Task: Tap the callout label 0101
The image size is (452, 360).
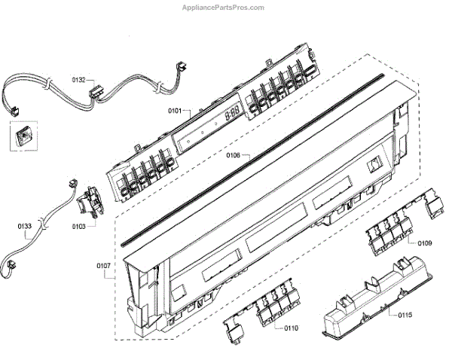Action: tap(175, 111)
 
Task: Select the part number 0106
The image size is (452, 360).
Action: tap(233, 155)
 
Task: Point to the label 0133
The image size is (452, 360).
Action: tap(25, 224)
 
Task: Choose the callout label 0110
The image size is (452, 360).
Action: tap(290, 328)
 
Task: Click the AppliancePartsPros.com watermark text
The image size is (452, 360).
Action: tap(224, 8)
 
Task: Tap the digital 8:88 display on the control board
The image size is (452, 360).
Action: tap(231, 113)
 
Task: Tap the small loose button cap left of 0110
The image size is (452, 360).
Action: tap(234, 326)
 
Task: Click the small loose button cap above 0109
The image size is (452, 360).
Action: tap(435, 203)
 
